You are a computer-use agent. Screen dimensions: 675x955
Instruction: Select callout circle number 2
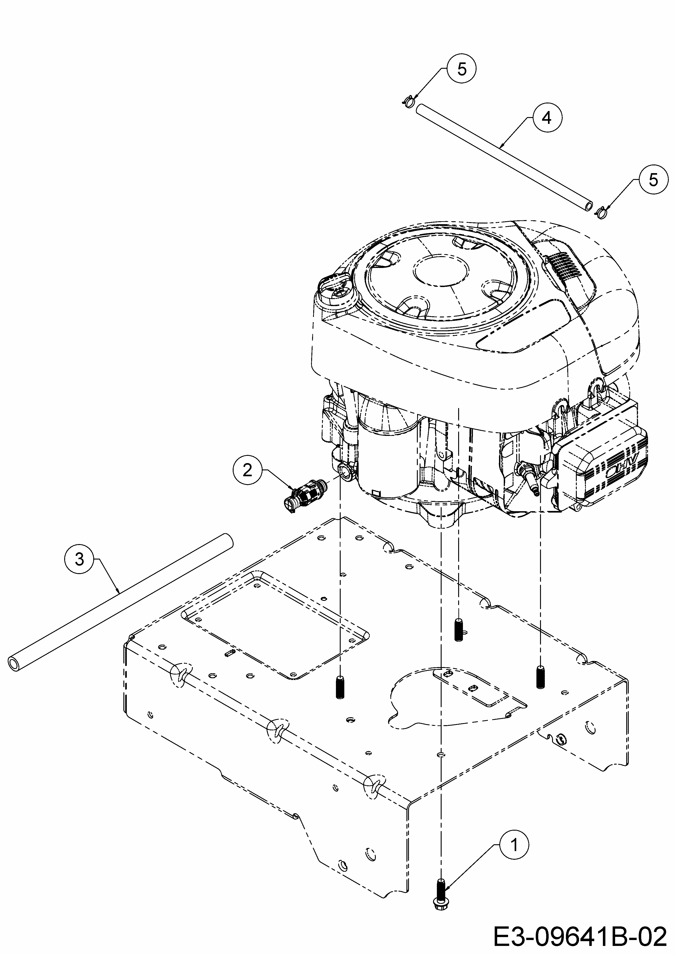247,470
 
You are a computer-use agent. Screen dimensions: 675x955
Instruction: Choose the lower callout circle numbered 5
653,180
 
